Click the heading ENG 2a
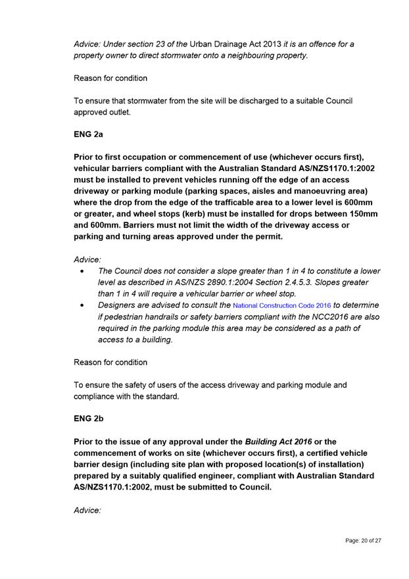click(88, 134)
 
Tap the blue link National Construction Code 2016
click(282, 306)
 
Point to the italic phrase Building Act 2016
click(278, 441)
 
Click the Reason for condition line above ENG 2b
click(110, 362)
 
